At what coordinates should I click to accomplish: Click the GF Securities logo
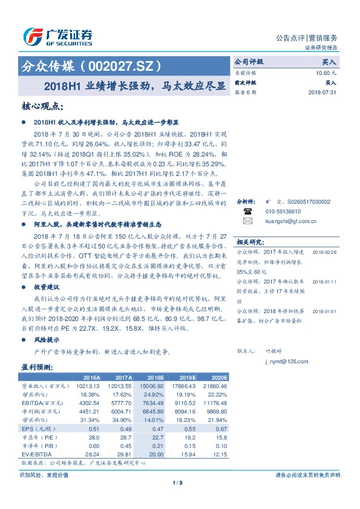pos(57,37)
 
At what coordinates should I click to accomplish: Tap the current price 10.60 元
pos(322,73)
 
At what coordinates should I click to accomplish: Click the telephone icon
pos(247,229)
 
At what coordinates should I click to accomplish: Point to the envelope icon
pos(247,238)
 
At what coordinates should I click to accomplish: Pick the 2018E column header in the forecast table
pos(155,377)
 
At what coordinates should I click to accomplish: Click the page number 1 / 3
pos(179,482)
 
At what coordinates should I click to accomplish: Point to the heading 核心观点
pos(41,106)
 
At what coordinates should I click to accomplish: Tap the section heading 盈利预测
pos(37,366)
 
